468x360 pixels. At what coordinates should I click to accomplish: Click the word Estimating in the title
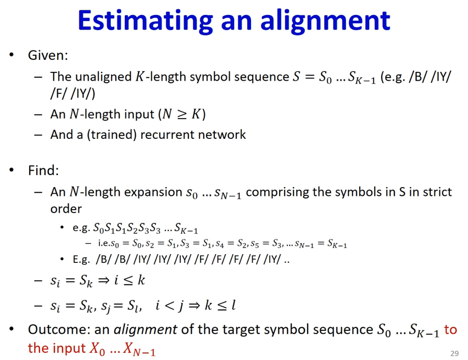click(146, 21)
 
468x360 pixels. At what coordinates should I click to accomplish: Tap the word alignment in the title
click(325, 21)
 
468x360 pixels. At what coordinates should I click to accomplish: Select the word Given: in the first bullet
click(48, 55)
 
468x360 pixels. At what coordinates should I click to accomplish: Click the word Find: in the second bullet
click(43, 170)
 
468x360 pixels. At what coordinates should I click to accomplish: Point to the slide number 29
click(454, 353)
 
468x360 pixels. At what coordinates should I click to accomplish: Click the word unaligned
click(103, 77)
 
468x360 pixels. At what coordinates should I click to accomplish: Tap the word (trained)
click(112, 135)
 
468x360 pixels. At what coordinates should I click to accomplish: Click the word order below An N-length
click(66, 209)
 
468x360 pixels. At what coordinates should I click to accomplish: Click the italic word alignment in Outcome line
click(146, 330)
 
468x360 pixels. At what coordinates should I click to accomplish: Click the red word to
click(450, 330)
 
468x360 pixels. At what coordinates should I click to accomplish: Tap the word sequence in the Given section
click(261, 77)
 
